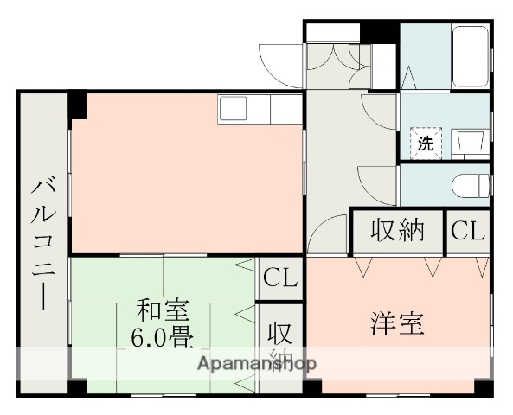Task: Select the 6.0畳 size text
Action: pyautogui.click(x=163, y=335)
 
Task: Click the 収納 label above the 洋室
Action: pyautogui.click(x=398, y=231)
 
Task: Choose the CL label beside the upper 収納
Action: pyautogui.click(x=468, y=231)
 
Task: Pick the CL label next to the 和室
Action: pyautogui.click(x=280, y=278)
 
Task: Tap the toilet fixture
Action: pyautogui.click(x=471, y=183)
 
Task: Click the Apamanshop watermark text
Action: pyautogui.click(x=258, y=363)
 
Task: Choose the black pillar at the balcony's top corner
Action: pyautogui.click(x=79, y=105)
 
